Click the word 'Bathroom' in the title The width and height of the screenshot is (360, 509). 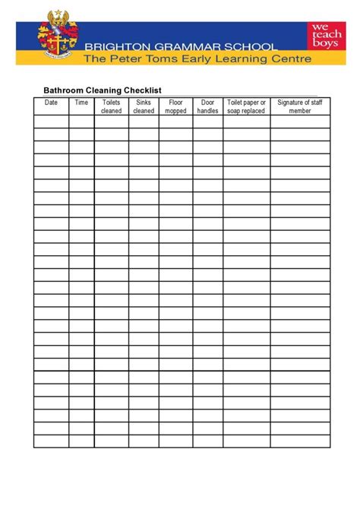click(x=62, y=90)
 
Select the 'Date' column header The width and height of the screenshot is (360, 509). click(x=51, y=102)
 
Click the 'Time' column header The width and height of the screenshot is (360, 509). click(x=81, y=102)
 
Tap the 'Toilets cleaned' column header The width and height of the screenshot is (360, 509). click(x=111, y=106)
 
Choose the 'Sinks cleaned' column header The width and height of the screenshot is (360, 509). click(x=144, y=106)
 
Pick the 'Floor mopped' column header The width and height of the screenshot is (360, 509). click(x=175, y=106)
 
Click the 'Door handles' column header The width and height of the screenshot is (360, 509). click(x=207, y=106)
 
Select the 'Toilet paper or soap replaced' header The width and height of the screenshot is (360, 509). click(x=246, y=106)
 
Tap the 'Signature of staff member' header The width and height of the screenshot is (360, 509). click(x=300, y=106)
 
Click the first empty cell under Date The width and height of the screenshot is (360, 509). click(x=51, y=122)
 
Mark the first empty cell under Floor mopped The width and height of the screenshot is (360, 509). click(x=175, y=122)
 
